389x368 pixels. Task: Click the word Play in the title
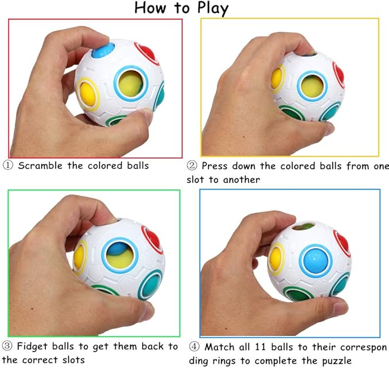(213, 8)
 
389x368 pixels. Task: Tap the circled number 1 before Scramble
(7, 165)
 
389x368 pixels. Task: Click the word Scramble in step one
(40, 165)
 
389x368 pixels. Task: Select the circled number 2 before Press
(192, 166)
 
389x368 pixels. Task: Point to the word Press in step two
(215, 166)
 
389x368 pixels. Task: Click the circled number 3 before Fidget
(7, 346)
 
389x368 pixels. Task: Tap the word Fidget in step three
(32, 346)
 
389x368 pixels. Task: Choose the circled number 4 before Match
(194, 347)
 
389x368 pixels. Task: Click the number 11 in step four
(261, 347)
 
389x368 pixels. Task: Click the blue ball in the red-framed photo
(103, 50)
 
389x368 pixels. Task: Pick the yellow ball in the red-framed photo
(88, 94)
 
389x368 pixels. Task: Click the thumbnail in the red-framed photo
(147, 117)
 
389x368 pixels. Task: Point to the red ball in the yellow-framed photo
(339, 74)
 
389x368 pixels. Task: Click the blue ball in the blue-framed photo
(315, 261)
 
